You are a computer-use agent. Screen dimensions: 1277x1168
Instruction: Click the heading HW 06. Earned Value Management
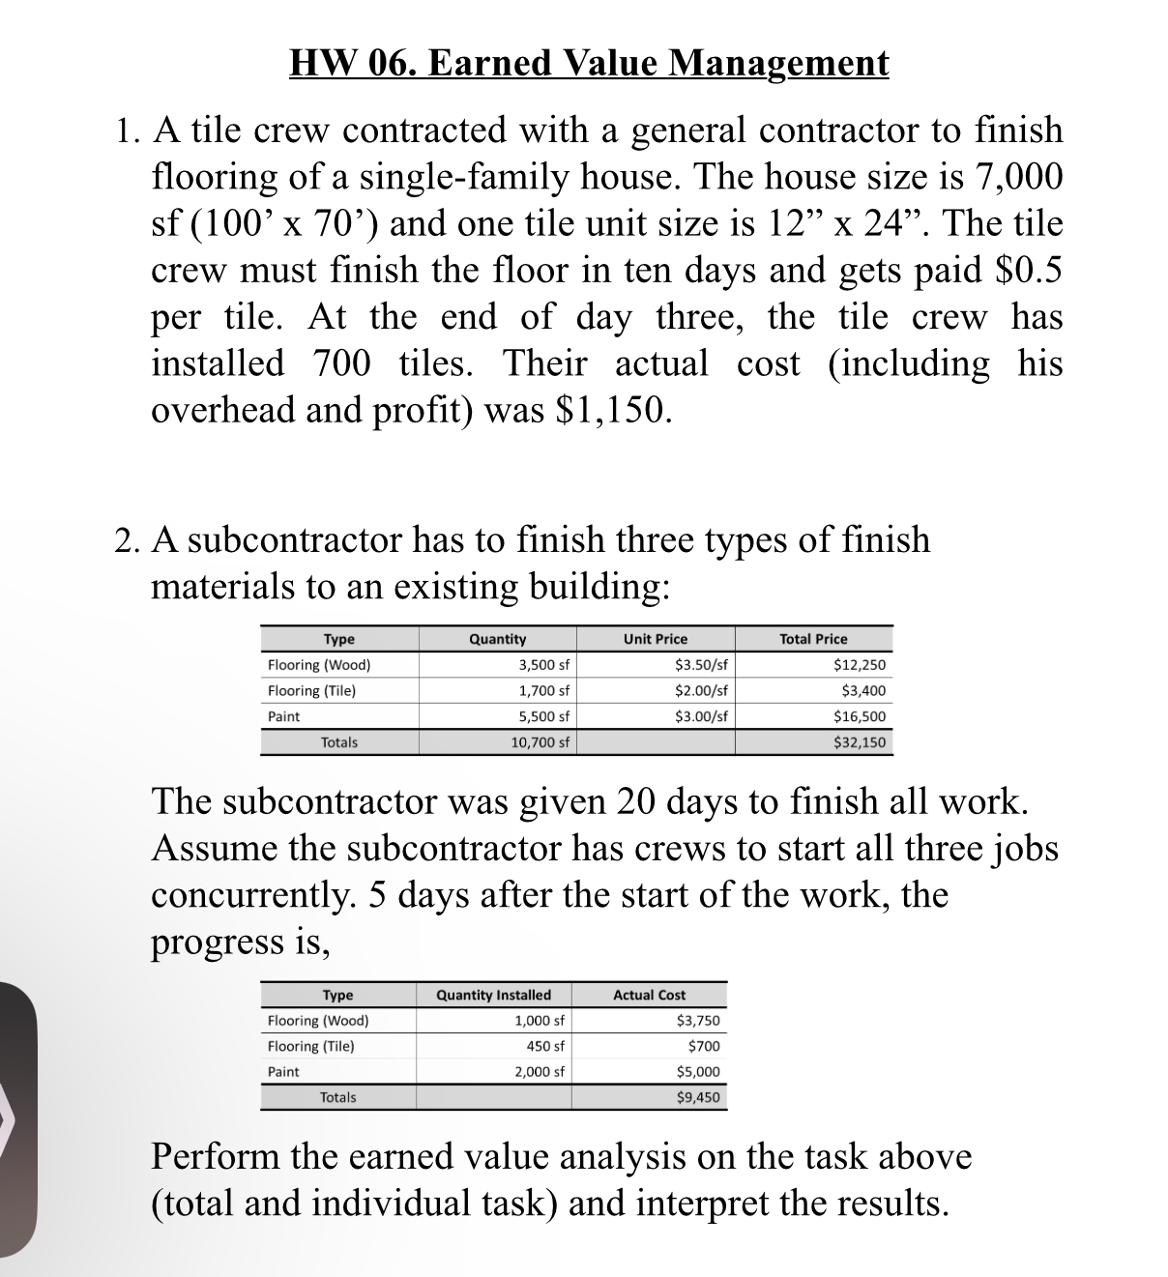click(589, 64)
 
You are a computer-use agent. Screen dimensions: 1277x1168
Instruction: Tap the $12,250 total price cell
click(859, 665)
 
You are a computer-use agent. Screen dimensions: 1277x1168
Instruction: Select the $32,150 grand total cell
click(859, 742)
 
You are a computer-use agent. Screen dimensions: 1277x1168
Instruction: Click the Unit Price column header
click(656, 639)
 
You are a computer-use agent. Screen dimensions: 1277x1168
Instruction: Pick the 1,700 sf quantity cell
click(544, 691)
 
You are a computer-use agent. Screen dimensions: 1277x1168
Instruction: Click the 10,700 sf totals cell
click(540, 742)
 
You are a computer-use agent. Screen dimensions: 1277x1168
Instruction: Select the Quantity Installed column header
click(493, 995)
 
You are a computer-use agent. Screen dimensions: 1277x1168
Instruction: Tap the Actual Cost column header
click(649, 995)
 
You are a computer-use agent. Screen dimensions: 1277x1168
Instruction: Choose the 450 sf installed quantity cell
click(545, 1046)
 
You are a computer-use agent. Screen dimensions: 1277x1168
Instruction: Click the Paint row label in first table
click(283, 717)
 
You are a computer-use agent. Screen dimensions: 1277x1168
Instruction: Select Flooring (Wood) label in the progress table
click(317, 1021)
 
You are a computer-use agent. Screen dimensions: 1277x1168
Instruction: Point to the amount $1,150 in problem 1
click(612, 410)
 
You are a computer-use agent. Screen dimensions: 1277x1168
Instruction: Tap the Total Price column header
click(813, 639)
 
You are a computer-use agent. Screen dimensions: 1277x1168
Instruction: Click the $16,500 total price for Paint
click(859, 717)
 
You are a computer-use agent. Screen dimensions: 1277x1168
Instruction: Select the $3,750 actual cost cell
click(697, 1021)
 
